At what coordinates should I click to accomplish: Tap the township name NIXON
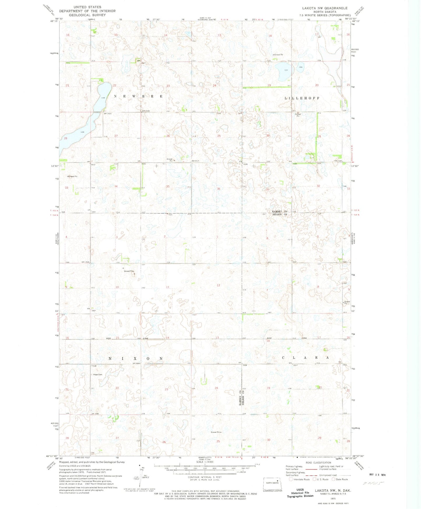[x=135, y=358]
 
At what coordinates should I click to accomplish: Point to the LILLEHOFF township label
[x=302, y=98]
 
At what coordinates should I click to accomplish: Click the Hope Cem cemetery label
[x=98, y=374]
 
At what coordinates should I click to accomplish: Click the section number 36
[x=218, y=189]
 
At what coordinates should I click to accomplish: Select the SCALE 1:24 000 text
[x=205, y=462]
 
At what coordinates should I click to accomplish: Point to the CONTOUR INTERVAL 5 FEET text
[x=205, y=477]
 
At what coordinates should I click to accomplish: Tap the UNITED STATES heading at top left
[x=87, y=7]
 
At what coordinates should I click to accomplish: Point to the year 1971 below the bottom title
[x=332, y=498]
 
